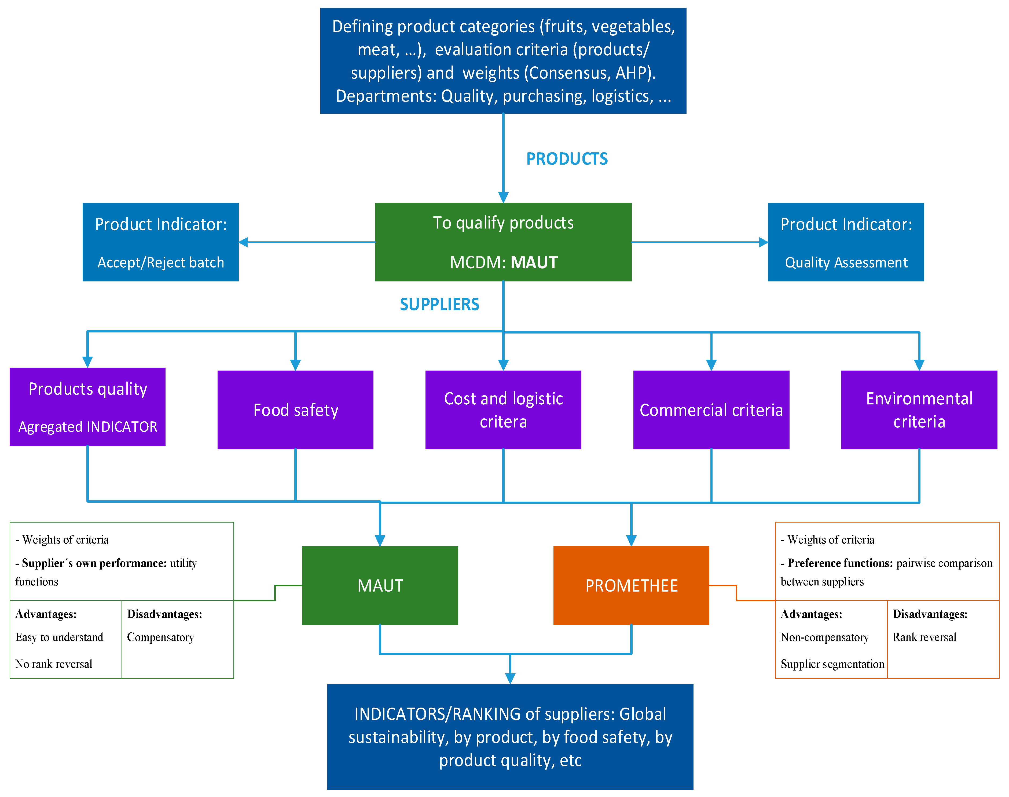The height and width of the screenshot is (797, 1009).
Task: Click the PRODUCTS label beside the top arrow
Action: (567, 159)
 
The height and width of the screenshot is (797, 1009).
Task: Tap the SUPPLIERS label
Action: (439, 305)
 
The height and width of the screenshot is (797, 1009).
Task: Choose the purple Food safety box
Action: (295, 410)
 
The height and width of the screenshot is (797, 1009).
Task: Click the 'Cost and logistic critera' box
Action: (503, 410)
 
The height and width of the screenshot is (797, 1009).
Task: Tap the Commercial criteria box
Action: (711, 410)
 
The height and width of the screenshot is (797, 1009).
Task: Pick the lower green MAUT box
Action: (380, 586)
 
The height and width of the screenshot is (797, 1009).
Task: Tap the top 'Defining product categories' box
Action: (503, 61)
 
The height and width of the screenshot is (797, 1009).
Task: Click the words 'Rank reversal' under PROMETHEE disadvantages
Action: (924, 637)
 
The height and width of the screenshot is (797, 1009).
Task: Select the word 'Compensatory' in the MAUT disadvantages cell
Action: (160, 637)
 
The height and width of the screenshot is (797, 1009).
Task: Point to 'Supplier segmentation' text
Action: (832, 664)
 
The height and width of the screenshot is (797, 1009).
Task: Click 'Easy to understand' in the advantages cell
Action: (59, 637)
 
